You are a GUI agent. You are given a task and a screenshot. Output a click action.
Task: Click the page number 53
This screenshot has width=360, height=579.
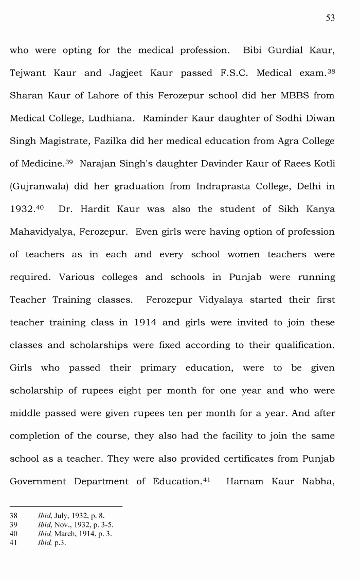[330, 18]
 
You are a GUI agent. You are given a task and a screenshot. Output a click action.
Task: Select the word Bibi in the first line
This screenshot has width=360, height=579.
[253, 50]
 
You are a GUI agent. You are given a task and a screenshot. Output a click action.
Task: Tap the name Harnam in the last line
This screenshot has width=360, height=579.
[244, 481]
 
